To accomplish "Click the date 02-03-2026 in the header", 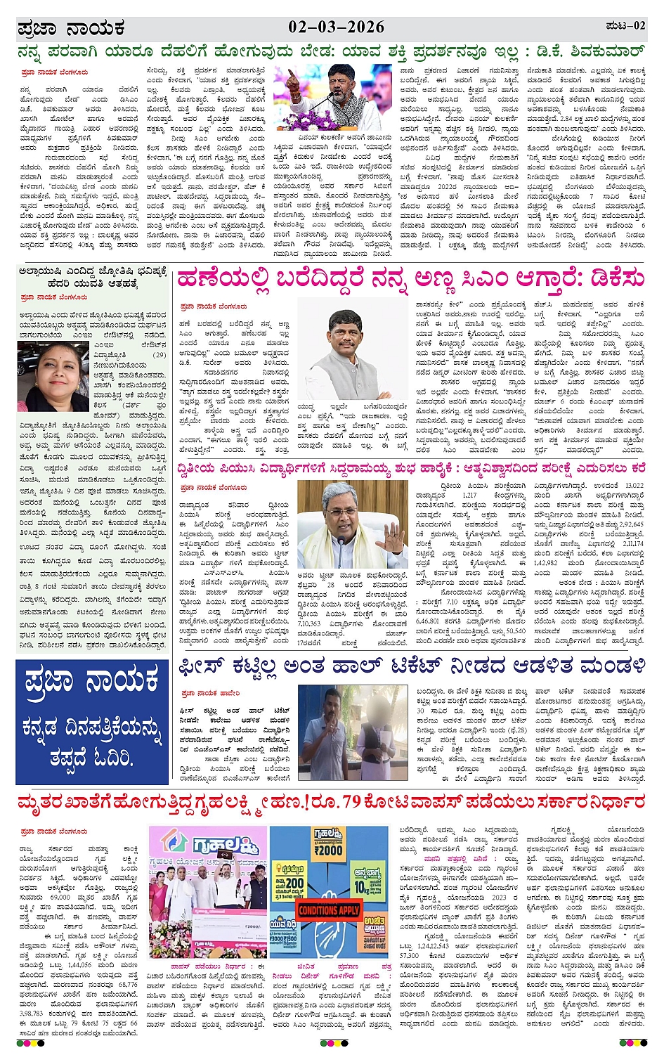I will coord(336,27).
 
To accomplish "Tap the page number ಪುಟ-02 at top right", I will coord(625,26).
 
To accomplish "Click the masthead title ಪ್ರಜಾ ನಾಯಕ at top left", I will coord(71,28).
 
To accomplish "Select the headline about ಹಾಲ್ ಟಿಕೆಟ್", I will coord(410,665).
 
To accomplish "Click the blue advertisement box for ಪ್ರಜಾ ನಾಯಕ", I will coord(92,721).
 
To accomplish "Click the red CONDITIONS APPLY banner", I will coord(328,910).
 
